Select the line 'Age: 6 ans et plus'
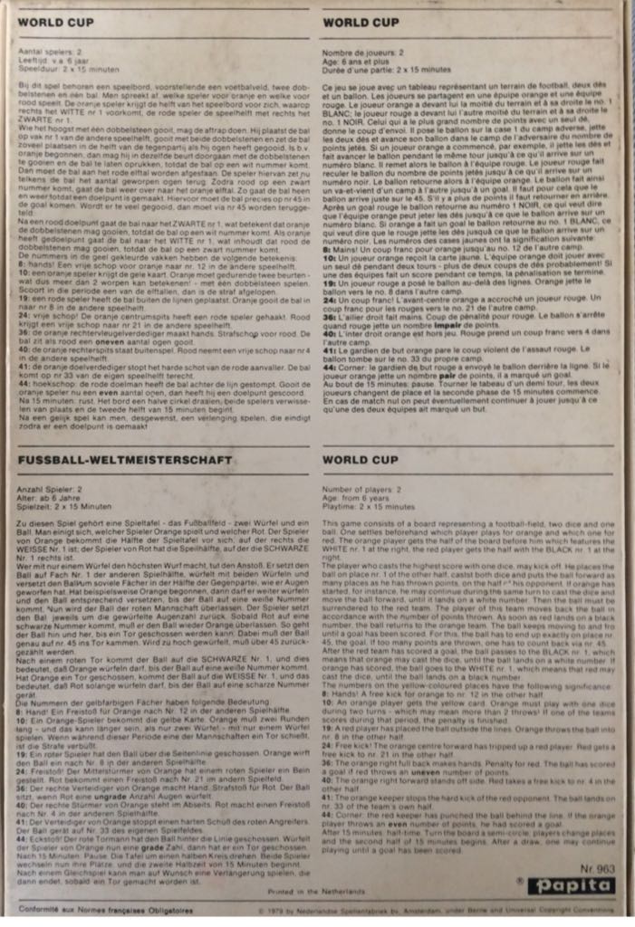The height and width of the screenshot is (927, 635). pyautogui.click(x=356, y=61)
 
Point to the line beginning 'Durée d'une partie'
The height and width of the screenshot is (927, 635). pyautogui.click(x=382, y=68)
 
